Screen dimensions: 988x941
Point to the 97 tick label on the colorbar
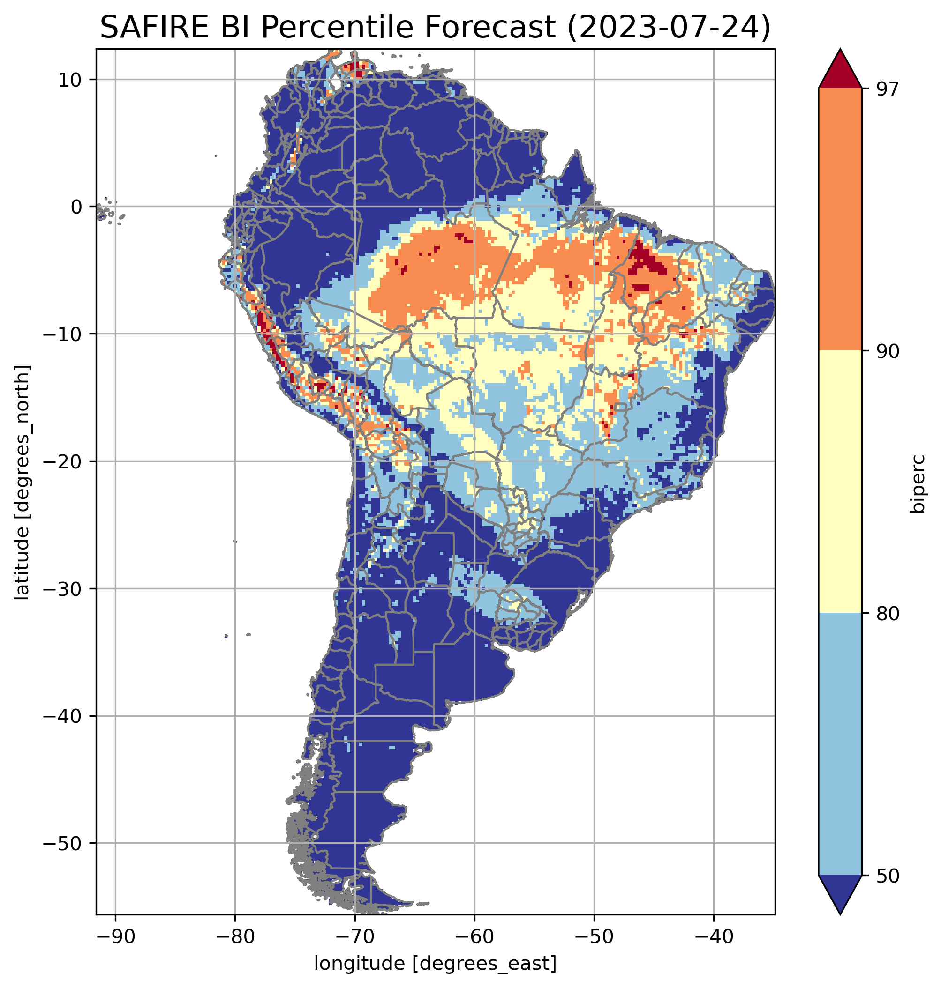(x=888, y=89)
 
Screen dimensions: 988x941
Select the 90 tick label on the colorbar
(x=888, y=352)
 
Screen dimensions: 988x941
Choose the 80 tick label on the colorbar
(x=888, y=614)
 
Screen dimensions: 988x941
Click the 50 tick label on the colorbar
(x=888, y=877)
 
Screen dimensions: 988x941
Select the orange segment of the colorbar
(x=840, y=220)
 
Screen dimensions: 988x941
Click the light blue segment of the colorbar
(x=840, y=744)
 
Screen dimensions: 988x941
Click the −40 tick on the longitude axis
(x=713, y=937)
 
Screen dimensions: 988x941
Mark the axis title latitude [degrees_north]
(x=22, y=482)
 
